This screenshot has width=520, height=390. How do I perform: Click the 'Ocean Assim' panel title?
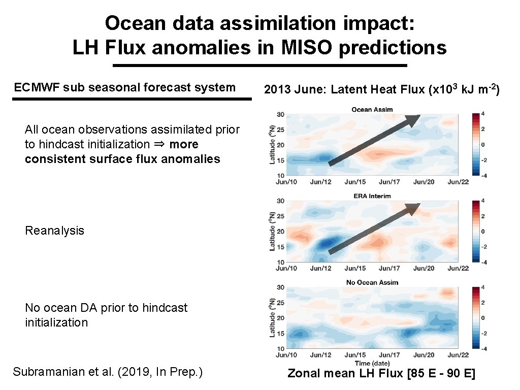(x=372, y=110)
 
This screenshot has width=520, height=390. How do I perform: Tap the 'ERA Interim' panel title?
(x=372, y=196)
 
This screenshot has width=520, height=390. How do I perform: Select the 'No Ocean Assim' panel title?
(x=372, y=282)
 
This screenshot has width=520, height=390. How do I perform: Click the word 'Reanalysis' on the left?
(x=54, y=231)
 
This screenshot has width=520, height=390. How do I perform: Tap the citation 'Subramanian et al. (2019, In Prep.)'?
(x=108, y=372)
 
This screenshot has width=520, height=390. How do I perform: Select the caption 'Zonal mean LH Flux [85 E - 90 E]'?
(x=381, y=374)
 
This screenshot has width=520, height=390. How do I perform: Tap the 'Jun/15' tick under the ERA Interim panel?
(x=355, y=268)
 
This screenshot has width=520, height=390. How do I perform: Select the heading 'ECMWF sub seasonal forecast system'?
(x=125, y=87)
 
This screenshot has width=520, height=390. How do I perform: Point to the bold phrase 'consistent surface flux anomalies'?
(x=122, y=159)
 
